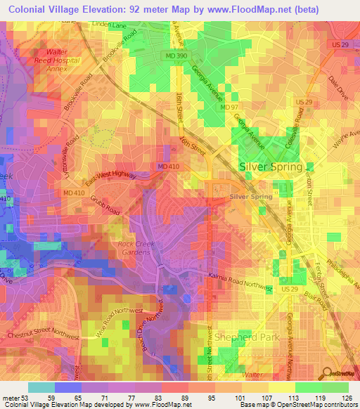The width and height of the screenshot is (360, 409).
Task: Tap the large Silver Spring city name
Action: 271,167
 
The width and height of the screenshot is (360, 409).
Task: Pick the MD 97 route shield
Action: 229,107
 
